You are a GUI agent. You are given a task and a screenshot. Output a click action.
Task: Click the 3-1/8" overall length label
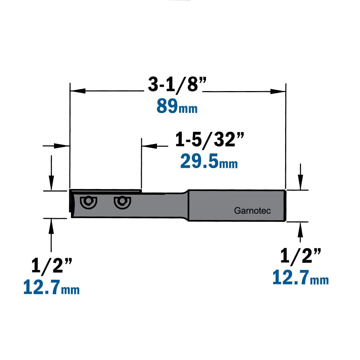(177, 85)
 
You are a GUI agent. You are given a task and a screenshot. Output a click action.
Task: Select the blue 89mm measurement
(177, 106)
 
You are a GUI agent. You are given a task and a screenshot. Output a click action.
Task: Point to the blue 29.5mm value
(209, 161)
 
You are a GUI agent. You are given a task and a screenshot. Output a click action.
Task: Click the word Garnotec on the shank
(252, 211)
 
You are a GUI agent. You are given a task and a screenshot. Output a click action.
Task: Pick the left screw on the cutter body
(89, 202)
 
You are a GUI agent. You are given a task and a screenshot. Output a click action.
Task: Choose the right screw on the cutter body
(122, 202)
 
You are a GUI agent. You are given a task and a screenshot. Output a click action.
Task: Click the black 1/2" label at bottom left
(51, 265)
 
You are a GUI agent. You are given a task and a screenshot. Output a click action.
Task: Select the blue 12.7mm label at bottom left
(51, 287)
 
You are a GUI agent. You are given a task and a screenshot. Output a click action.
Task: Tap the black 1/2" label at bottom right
(301, 256)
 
